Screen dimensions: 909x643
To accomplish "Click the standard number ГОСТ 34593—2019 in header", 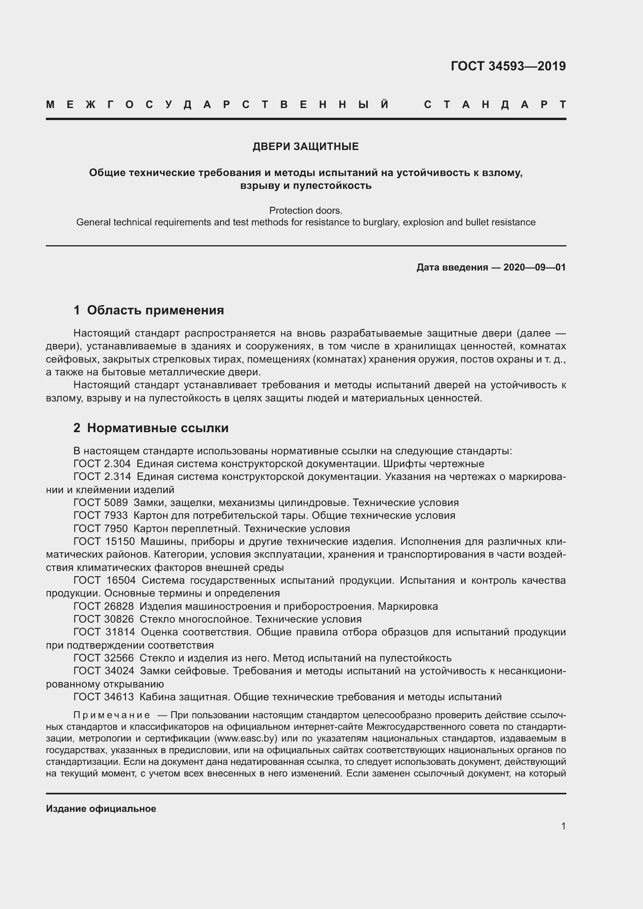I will pyautogui.click(x=508, y=66).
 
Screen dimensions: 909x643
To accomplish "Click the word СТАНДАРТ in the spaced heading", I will pyautogui.click(x=494, y=105).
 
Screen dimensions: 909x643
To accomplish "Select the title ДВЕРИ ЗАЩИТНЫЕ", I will pyautogui.click(x=306, y=147).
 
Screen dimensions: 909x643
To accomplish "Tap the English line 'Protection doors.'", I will pyautogui.click(x=306, y=210).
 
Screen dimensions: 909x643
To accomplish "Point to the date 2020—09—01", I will pyautogui.click(x=534, y=268).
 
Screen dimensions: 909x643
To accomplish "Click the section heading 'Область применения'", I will pyautogui.click(x=155, y=311).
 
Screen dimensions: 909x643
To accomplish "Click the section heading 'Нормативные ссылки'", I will pyautogui.click(x=157, y=428).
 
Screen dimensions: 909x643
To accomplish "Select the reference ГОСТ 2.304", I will pyautogui.click(x=102, y=464).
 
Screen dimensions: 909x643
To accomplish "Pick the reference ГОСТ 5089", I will pyautogui.click(x=101, y=503).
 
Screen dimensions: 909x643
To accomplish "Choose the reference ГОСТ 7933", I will pyautogui.click(x=101, y=515).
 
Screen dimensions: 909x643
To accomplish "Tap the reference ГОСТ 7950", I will pyautogui.click(x=101, y=529).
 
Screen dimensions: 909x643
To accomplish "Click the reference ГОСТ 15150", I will pyautogui.click(x=104, y=542).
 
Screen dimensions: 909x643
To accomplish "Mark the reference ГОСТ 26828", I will pyautogui.click(x=104, y=607).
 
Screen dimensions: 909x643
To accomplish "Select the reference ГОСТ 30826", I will pyautogui.click(x=104, y=619).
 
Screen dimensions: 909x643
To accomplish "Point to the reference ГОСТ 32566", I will pyautogui.click(x=104, y=658).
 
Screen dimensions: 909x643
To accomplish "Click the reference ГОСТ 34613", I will pyautogui.click(x=104, y=697).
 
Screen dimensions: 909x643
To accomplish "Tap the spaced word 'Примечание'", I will pyautogui.click(x=112, y=715).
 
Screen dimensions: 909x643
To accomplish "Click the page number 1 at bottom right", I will pyautogui.click(x=563, y=826).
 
